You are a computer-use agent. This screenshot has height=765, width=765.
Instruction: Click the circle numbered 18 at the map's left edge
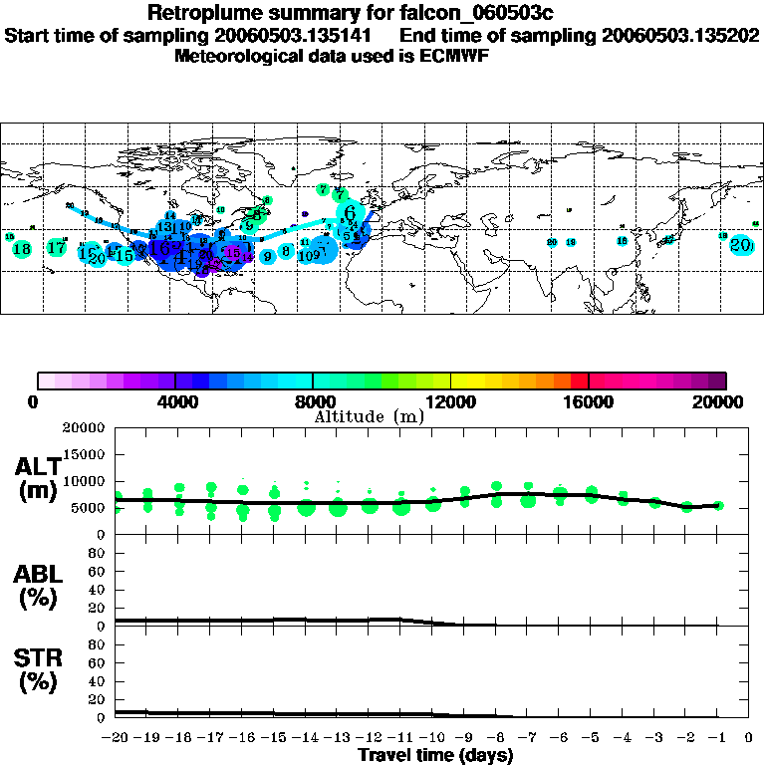[22, 249]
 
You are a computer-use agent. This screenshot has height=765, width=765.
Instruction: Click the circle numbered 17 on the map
[57, 247]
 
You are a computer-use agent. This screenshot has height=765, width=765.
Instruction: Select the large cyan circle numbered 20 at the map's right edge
[740, 245]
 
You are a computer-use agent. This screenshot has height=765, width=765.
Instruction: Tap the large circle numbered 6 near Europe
[350, 212]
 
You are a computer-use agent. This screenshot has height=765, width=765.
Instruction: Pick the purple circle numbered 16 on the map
[232, 254]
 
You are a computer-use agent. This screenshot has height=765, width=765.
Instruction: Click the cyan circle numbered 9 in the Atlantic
[267, 256]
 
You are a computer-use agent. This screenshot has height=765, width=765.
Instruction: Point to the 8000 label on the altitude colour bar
[313, 402]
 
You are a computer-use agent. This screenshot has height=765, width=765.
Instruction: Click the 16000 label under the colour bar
[589, 402]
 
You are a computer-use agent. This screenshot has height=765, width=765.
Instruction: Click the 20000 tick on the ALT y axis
[84, 428]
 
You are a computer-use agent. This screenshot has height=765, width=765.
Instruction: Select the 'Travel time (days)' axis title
[435, 755]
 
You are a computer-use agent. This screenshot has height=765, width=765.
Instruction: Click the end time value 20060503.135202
[681, 35]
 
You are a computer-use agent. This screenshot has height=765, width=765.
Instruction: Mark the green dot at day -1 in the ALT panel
[718, 506]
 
